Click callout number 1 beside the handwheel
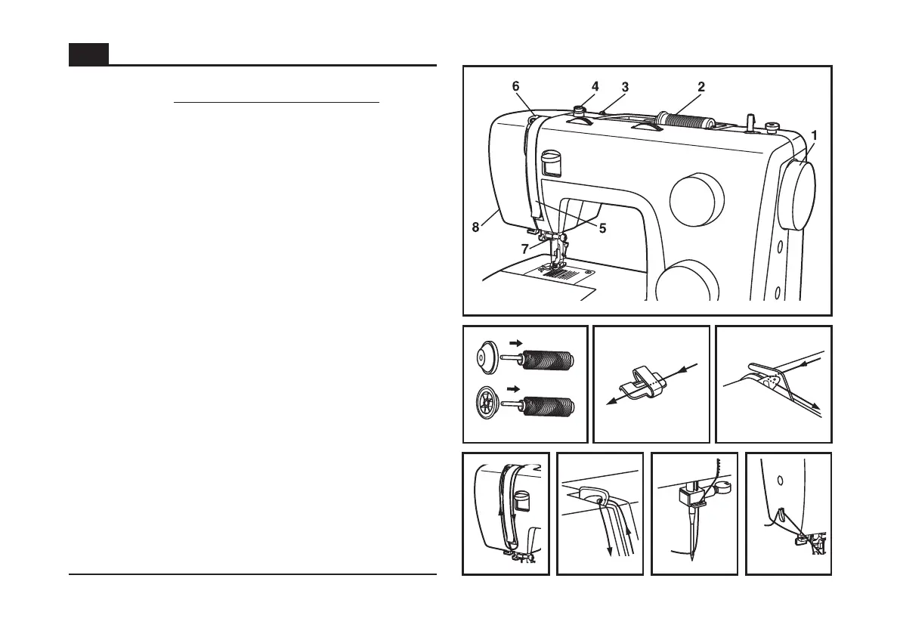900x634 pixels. (x=814, y=135)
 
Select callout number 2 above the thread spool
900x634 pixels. (x=701, y=87)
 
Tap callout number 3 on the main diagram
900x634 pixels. (x=625, y=87)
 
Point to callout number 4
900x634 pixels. (x=595, y=87)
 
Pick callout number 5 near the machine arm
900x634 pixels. (x=602, y=227)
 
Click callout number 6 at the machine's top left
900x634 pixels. (x=516, y=87)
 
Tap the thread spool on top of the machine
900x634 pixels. (x=685, y=122)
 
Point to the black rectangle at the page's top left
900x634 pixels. (x=88, y=54)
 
